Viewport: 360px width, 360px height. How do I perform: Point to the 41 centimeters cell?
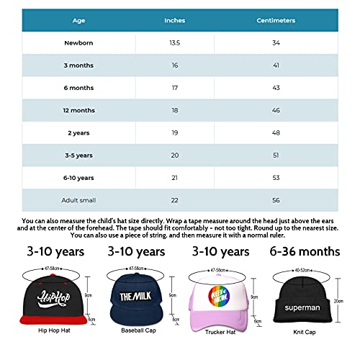[x=276, y=66]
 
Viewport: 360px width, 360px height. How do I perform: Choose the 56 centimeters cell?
[x=276, y=199]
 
